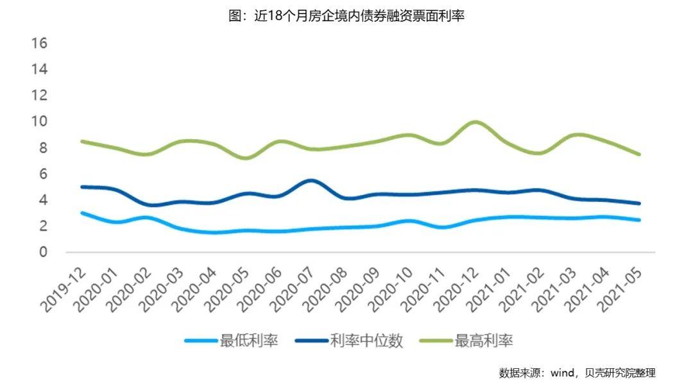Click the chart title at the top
[x=346, y=16]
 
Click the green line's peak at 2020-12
[x=475, y=122]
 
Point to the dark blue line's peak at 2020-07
[x=311, y=180]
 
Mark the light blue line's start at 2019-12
[x=82, y=213]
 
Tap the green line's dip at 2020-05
[x=246, y=158]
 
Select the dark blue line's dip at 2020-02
[x=148, y=205]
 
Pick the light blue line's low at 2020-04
[x=214, y=232]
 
